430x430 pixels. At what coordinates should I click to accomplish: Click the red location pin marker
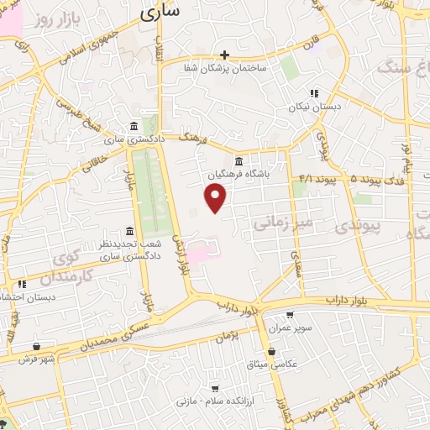pos(216,197)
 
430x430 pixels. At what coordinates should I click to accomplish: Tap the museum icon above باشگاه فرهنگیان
pos(239,161)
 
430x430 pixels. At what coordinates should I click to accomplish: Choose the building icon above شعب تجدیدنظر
pos(128,232)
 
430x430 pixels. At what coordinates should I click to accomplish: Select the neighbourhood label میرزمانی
pos(277,223)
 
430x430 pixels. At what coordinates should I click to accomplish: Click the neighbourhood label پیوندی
pos(358,226)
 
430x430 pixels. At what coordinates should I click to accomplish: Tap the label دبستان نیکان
pos(316,107)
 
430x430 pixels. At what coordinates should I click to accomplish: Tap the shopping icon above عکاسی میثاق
pos(270,352)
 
